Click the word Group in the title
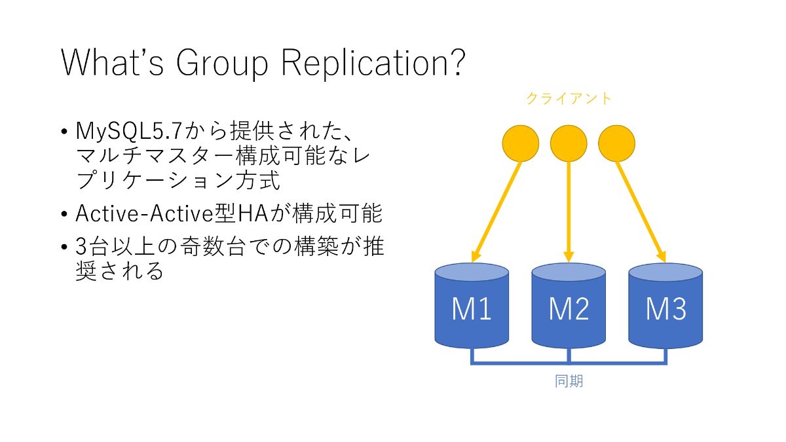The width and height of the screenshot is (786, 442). tap(222, 64)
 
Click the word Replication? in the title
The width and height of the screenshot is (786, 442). tap(373, 62)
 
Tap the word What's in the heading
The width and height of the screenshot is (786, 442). tap(112, 62)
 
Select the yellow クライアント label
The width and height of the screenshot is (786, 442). tap(569, 99)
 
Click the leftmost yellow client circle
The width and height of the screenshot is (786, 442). tap(521, 143)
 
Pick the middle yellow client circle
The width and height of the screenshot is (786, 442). tap(569, 143)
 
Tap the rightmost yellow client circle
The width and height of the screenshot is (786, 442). tap(616, 143)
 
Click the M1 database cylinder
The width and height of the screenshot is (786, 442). tap(472, 306)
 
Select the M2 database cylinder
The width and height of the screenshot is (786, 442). tap(569, 306)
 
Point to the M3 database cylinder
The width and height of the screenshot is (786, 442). tap(665, 306)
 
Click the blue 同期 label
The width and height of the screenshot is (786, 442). tap(569, 381)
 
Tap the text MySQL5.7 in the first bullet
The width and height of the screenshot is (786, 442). tap(129, 131)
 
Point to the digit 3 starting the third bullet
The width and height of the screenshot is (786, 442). tap(81, 246)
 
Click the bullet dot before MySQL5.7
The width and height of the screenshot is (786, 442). tap(64, 132)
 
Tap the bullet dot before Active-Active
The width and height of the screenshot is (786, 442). tap(64, 214)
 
